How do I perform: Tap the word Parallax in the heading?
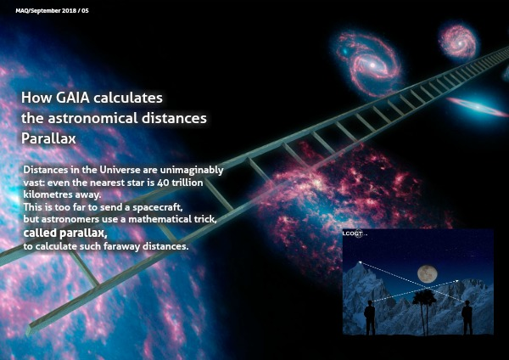(48, 138)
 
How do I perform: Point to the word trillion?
(187, 183)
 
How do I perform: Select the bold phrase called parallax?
(65, 233)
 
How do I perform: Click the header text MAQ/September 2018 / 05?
(52, 11)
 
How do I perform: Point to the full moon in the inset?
(428, 273)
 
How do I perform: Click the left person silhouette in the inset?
(370, 318)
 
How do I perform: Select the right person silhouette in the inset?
(467, 318)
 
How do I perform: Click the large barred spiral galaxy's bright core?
(372, 65)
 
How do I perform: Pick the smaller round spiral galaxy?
(458, 41)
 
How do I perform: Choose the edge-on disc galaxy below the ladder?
(477, 106)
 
